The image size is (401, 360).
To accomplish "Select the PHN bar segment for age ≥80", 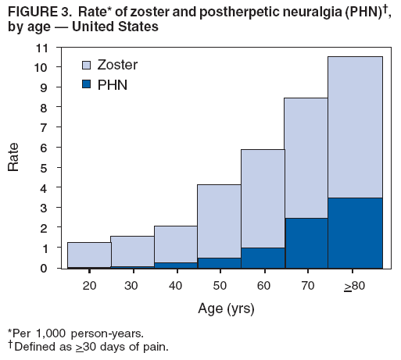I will point(355,233).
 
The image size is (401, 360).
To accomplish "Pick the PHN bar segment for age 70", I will point(306,243).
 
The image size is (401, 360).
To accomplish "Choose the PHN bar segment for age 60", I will point(262,258).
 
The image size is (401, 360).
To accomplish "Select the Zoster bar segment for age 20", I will point(88,254).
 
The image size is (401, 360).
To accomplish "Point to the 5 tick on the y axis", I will point(45,168).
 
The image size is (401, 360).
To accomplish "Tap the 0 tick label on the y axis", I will point(45,268).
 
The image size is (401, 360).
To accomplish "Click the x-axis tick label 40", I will point(175,286).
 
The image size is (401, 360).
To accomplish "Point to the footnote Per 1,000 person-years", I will point(75,333).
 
